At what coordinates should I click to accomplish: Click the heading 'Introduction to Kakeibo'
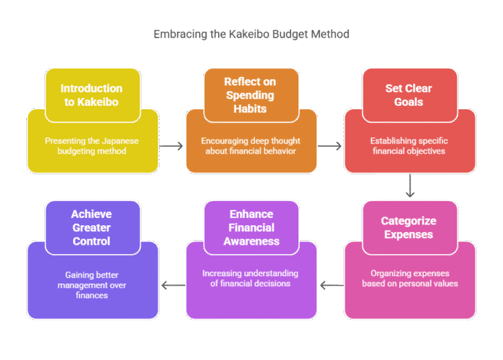(x=91, y=95)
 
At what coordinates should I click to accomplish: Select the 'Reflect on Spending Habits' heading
(x=249, y=95)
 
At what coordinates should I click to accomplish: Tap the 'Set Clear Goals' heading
(x=408, y=95)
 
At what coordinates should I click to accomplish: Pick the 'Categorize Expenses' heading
(x=408, y=228)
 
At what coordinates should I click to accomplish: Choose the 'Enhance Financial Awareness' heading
(x=251, y=228)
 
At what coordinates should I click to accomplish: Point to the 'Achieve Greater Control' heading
(x=91, y=228)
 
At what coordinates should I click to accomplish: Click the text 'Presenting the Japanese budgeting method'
(x=91, y=146)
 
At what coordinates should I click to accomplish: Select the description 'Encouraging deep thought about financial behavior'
(x=251, y=146)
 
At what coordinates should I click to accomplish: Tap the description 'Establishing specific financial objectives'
(x=409, y=146)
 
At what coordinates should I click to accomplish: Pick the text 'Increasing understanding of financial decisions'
(x=251, y=278)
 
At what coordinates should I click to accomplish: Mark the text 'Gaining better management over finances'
(x=91, y=286)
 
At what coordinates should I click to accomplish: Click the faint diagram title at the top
(x=251, y=34)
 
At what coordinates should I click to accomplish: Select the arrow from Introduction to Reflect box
(x=172, y=145)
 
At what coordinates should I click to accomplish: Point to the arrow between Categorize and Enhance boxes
(x=331, y=286)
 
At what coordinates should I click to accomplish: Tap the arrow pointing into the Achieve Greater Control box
(x=172, y=284)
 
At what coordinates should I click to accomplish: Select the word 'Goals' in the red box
(x=408, y=102)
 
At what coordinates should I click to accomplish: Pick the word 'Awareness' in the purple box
(x=251, y=241)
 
